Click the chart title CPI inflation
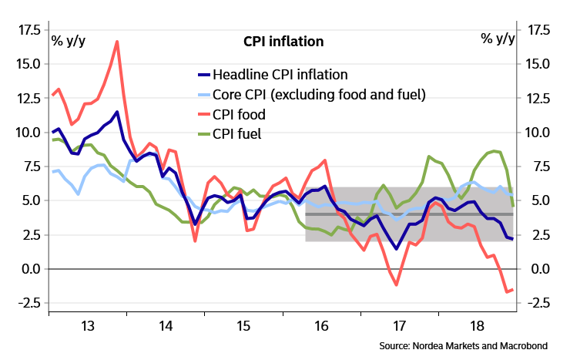(283, 41)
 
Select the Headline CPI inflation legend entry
(281, 75)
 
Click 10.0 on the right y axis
(539, 133)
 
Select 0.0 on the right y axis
(539, 269)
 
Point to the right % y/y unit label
(498, 39)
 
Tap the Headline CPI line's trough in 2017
(396, 248)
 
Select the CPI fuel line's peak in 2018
(493, 150)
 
